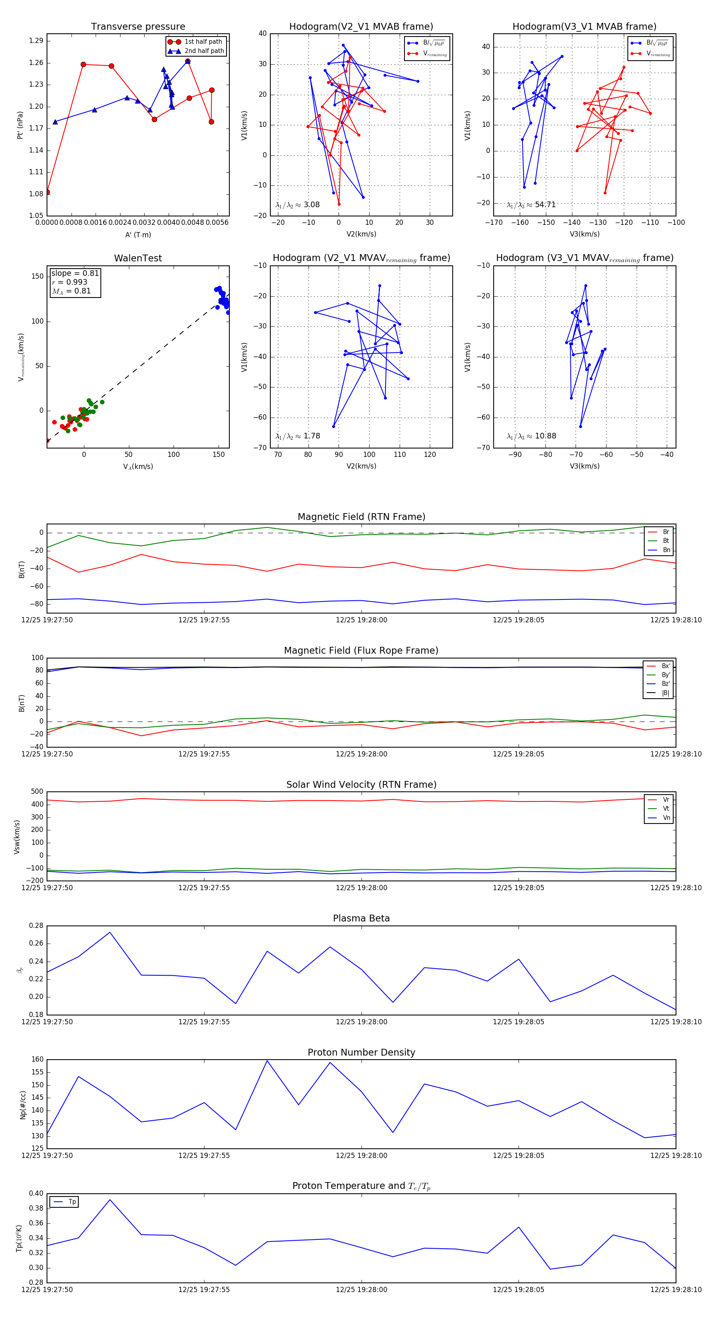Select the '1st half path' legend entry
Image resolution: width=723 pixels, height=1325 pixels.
(203, 42)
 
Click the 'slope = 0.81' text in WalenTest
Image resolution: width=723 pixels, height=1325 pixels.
(75, 273)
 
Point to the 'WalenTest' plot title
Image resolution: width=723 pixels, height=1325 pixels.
(138, 258)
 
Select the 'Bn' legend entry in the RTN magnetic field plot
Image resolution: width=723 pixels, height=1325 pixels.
(666, 550)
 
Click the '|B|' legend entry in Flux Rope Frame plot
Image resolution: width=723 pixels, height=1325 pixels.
(666, 693)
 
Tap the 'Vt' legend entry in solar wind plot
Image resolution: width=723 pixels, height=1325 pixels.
(666, 809)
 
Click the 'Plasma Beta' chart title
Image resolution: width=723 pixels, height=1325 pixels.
(361, 919)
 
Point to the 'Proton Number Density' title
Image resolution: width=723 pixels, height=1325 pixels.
(361, 1052)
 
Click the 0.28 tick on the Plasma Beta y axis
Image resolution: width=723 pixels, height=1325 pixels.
(36, 926)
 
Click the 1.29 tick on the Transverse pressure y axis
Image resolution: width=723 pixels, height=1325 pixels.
(36, 41)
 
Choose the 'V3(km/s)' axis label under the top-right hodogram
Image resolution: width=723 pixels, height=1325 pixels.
(584, 234)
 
